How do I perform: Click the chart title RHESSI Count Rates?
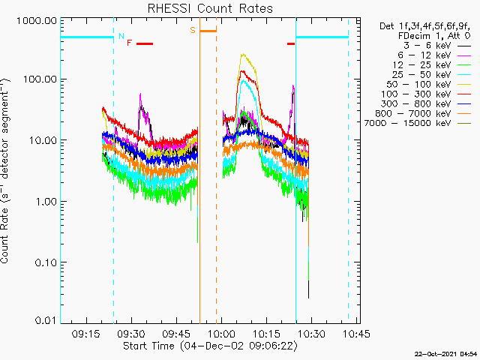tap(209, 9)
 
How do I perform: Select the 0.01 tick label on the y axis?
tap(44, 321)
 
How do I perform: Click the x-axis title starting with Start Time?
tap(211, 346)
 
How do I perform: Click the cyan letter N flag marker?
tap(121, 35)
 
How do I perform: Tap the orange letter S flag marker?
tap(193, 30)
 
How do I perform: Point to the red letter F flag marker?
tap(129, 43)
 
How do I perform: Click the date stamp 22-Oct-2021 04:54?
tap(446, 353)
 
